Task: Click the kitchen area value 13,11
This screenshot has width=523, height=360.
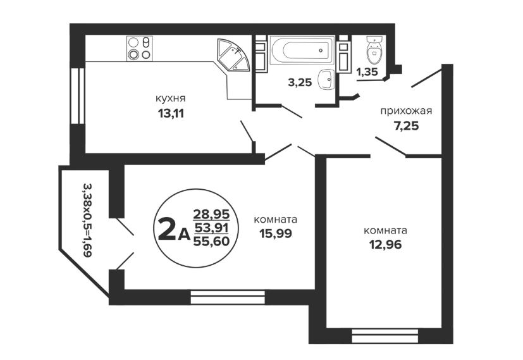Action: (x=171, y=114)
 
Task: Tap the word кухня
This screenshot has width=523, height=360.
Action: (x=171, y=99)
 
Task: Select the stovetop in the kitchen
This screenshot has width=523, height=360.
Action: (x=139, y=48)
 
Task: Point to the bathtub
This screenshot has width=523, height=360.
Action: (x=302, y=50)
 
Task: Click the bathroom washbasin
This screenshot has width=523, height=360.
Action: (x=326, y=79)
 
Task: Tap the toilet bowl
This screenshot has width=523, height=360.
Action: (x=374, y=50)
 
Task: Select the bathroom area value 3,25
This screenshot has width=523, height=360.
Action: (x=300, y=82)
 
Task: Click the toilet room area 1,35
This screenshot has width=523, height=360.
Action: (x=367, y=71)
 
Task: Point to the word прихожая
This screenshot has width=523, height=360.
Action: (x=406, y=111)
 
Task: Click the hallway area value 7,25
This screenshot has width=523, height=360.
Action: (x=406, y=126)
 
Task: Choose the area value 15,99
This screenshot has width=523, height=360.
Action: (x=276, y=233)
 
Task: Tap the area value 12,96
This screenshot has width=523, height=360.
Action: (x=385, y=245)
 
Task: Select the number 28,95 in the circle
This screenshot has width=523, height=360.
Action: (x=211, y=214)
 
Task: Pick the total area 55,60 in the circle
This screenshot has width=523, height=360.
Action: (x=211, y=241)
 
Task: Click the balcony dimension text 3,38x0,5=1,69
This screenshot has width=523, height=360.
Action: (x=87, y=220)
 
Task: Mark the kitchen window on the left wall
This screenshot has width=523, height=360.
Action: (x=78, y=96)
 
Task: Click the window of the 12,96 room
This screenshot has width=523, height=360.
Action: (x=385, y=336)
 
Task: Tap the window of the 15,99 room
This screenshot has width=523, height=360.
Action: (x=228, y=297)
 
